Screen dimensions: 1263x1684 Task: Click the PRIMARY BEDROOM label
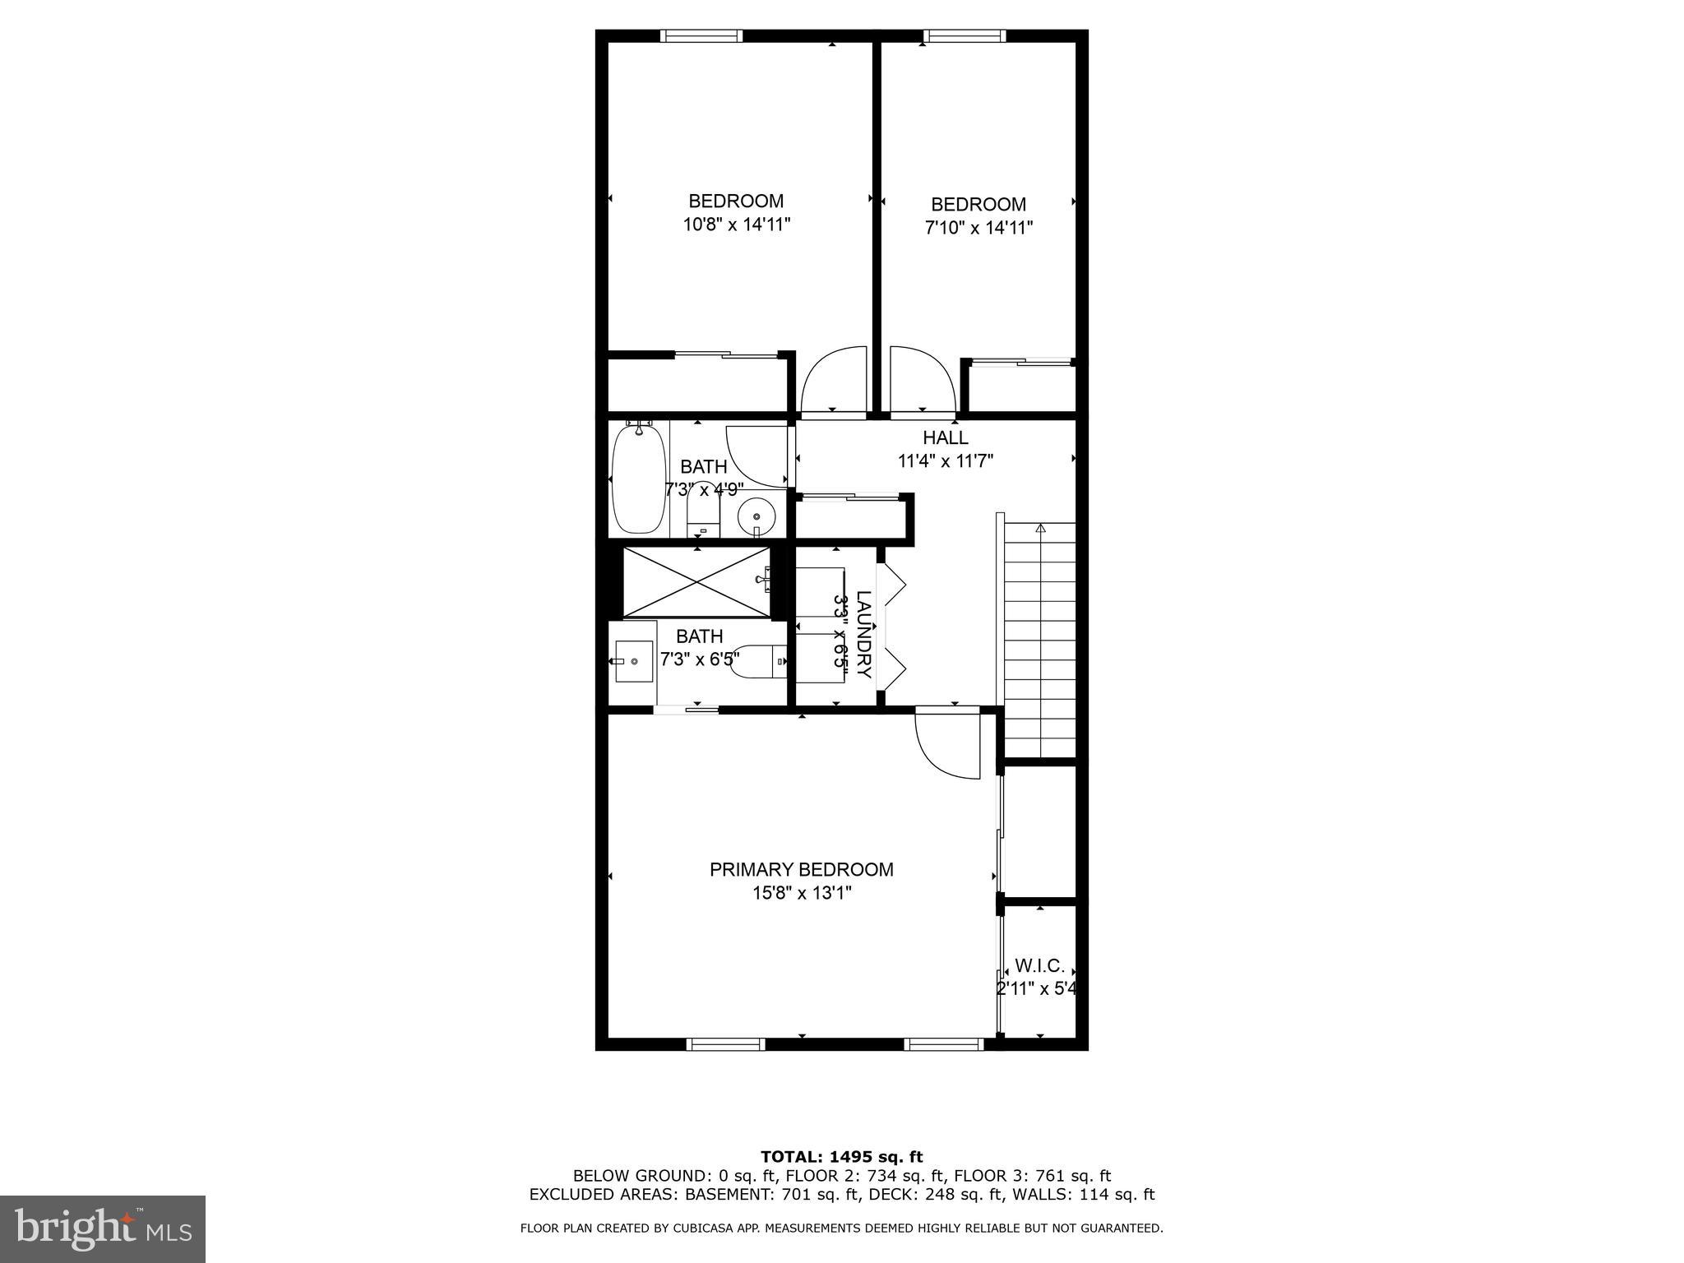[801, 869]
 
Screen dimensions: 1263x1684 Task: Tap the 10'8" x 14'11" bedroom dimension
[737, 224]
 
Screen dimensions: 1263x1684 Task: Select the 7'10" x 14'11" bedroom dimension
[978, 228]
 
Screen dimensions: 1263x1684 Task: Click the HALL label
[945, 437]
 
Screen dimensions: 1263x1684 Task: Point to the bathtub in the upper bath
[639, 479]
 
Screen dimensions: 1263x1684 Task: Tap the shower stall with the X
[696, 582]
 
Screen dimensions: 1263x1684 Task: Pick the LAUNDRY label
[863, 634]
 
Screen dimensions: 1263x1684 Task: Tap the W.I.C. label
[1039, 965]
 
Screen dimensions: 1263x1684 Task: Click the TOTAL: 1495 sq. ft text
[841, 1157]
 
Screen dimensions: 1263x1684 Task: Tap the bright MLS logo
[103, 1229]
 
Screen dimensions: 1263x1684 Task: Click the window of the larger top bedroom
[701, 35]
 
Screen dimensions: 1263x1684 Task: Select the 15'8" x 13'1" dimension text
[801, 893]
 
